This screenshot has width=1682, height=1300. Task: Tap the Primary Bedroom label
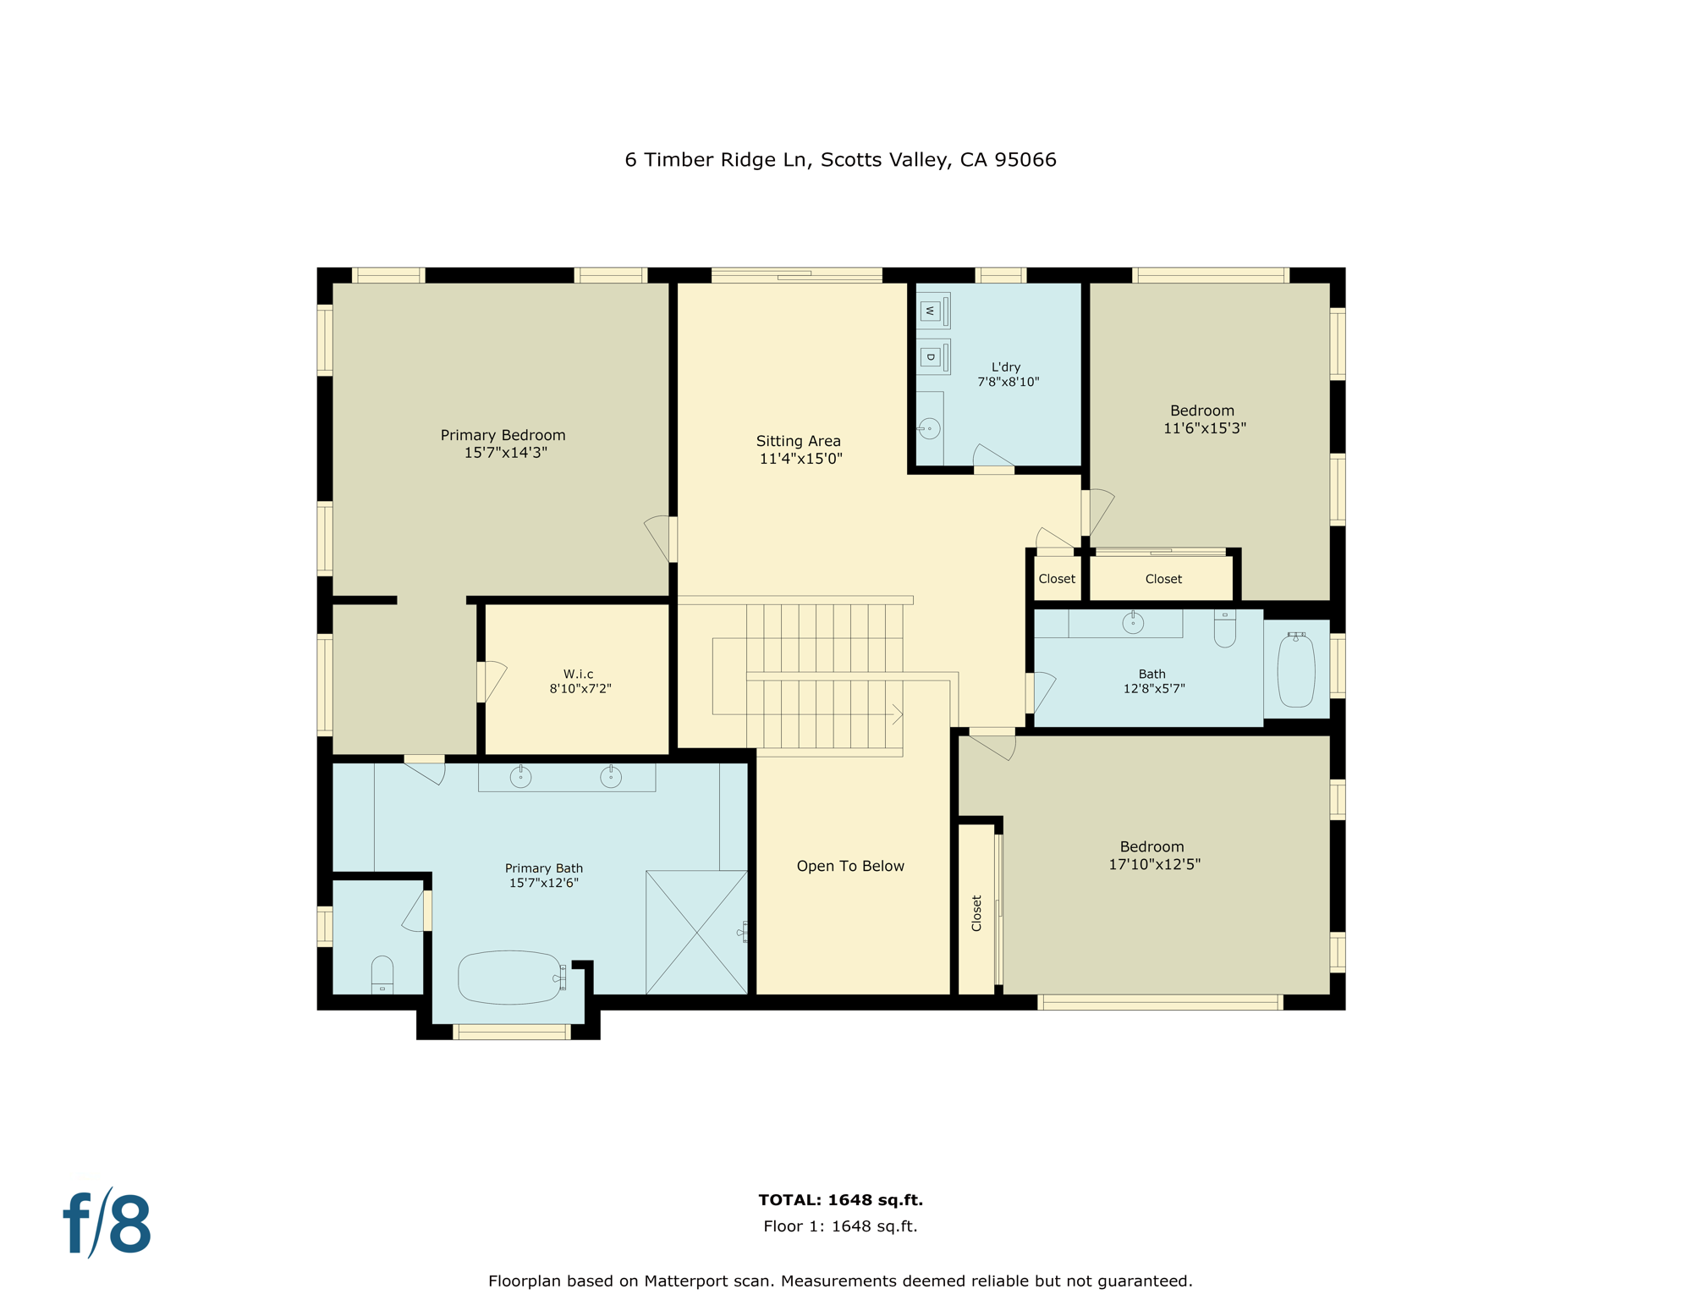click(x=503, y=435)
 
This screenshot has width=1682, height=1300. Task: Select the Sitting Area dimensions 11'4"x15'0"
click(x=800, y=459)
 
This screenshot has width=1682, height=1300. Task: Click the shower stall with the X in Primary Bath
click(x=696, y=932)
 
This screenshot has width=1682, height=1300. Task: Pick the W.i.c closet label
click(x=579, y=675)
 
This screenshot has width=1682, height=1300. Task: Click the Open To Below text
click(x=850, y=866)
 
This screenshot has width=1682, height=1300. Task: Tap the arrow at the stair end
click(x=898, y=714)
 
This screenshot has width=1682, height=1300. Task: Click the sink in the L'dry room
click(x=929, y=428)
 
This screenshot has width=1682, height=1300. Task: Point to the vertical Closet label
click(x=976, y=913)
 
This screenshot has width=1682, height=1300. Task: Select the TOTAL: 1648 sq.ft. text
click(x=840, y=1199)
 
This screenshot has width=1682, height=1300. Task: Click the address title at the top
click(x=840, y=159)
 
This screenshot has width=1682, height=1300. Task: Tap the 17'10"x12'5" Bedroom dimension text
click(x=1154, y=864)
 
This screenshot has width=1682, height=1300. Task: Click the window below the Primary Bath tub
click(x=511, y=1031)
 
